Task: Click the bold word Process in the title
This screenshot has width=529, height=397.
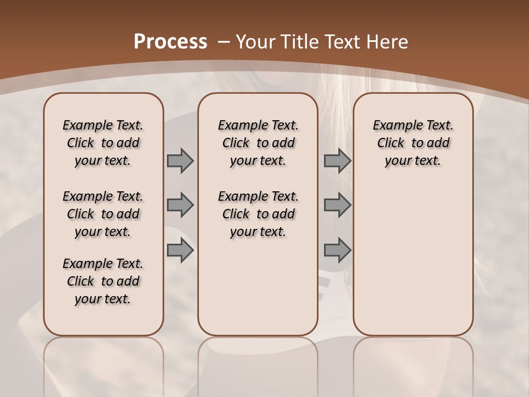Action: click(170, 41)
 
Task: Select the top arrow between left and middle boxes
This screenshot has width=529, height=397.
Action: click(180, 160)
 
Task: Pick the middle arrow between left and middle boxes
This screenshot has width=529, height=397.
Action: click(180, 205)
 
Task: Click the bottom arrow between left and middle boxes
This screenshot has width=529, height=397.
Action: click(180, 250)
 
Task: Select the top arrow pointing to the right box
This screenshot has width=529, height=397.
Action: click(337, 160)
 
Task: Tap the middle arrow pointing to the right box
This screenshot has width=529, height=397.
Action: click(337, 205)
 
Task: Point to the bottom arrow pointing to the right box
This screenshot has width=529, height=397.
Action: click(337, 250)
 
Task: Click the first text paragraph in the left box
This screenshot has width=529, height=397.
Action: click(103, 143)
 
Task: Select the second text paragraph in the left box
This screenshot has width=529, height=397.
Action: click(103, 214)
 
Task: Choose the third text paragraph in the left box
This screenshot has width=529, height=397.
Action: click(103, 281)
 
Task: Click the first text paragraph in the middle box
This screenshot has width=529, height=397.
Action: click(258, 143)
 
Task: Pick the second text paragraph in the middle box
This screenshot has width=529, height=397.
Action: click(258, 214)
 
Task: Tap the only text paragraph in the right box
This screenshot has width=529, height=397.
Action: click(413, 143)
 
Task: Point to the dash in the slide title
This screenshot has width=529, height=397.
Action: click(224, 41)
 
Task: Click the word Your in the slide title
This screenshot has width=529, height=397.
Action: click(256, 41)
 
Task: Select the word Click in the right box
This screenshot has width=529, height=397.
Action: click(391, 143)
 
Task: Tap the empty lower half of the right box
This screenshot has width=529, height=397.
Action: click(413, 265)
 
